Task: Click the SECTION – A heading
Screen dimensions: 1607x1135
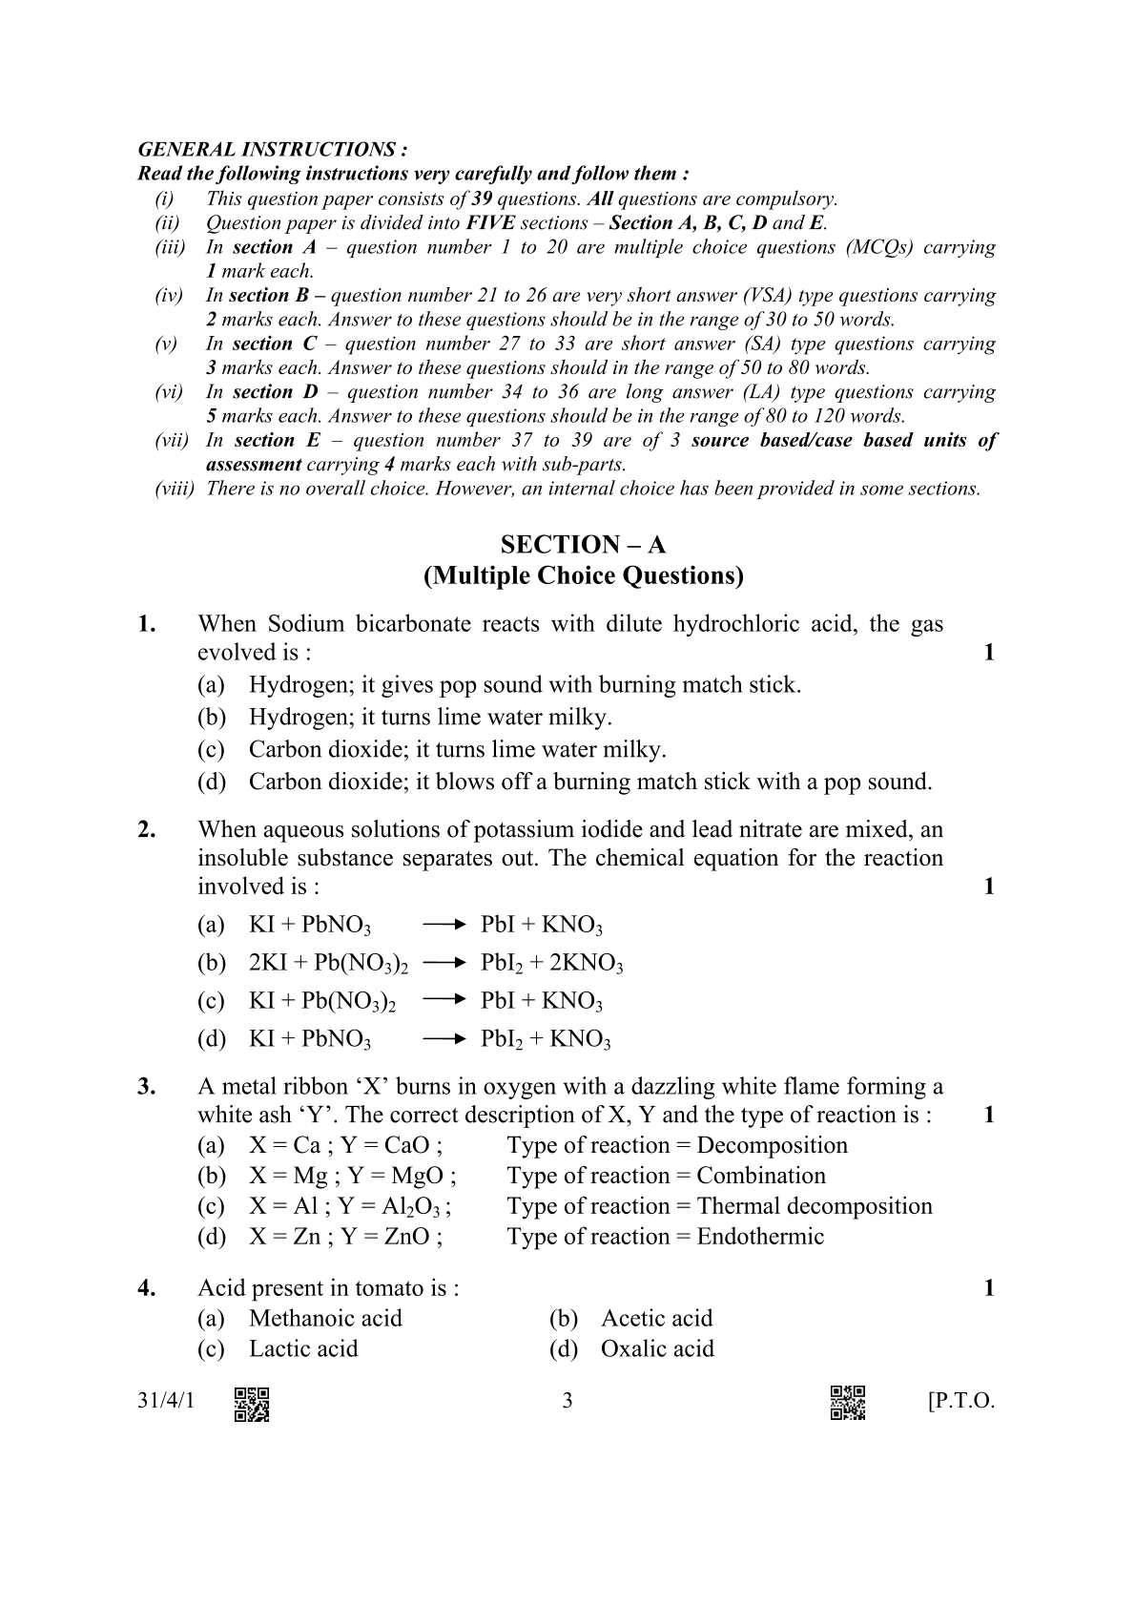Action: [583, 545]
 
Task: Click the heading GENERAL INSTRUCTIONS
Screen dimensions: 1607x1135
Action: [273, 150]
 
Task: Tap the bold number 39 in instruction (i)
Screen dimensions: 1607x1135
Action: [482, 199]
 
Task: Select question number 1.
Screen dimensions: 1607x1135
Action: [147, 625]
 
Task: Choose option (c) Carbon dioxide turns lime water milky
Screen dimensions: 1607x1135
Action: [457, 750]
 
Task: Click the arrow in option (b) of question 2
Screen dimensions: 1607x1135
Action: [444, 963]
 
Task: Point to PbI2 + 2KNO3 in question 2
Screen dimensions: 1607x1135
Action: [551, 964]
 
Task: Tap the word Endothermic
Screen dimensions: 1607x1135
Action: [760, 1237]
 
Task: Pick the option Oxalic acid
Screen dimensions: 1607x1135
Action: [656, 1349]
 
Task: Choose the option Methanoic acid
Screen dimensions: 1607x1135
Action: [325, 1319]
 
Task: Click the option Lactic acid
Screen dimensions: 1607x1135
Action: [303, 1349]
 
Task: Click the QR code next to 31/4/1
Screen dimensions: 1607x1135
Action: [252, 1403]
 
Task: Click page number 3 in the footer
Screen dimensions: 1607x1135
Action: [567, 1402]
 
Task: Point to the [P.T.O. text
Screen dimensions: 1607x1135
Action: [960, 1402]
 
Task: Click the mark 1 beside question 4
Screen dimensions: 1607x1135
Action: [988, 1289]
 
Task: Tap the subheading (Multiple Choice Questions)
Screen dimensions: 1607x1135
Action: [583, 575]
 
